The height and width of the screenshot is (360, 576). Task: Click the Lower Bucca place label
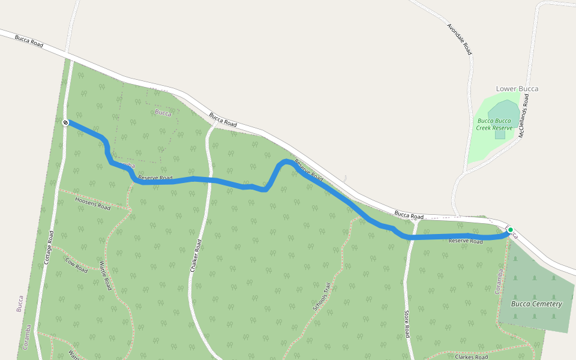[x=517, y=89]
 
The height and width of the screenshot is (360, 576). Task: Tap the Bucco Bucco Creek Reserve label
[x=494, y=124]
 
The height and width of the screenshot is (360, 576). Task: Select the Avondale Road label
[x=460, y=40]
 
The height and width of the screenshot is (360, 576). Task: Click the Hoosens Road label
[x=93, y=203]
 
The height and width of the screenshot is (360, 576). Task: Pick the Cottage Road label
[x=50, y=248]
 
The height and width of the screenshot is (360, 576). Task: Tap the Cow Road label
[x=77, y=266]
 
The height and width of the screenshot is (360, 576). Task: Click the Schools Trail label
[x=322, y=297]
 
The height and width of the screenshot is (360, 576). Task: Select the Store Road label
[x=407, y=323]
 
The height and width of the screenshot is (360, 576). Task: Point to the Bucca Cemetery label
[x=536, y=304]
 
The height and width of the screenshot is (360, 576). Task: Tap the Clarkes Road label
[x=471, y=357]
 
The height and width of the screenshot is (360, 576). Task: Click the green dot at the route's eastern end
[x=510, y=229]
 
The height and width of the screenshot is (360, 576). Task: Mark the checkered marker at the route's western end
[x=65, y=122]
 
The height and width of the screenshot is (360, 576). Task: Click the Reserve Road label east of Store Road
[x=466, y=241]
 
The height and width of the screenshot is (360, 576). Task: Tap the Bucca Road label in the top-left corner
[x=30, y=41]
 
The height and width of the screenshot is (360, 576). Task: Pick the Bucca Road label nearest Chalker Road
[x=223, y=119]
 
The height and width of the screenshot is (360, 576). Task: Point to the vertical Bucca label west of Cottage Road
[x=20, y=303]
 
